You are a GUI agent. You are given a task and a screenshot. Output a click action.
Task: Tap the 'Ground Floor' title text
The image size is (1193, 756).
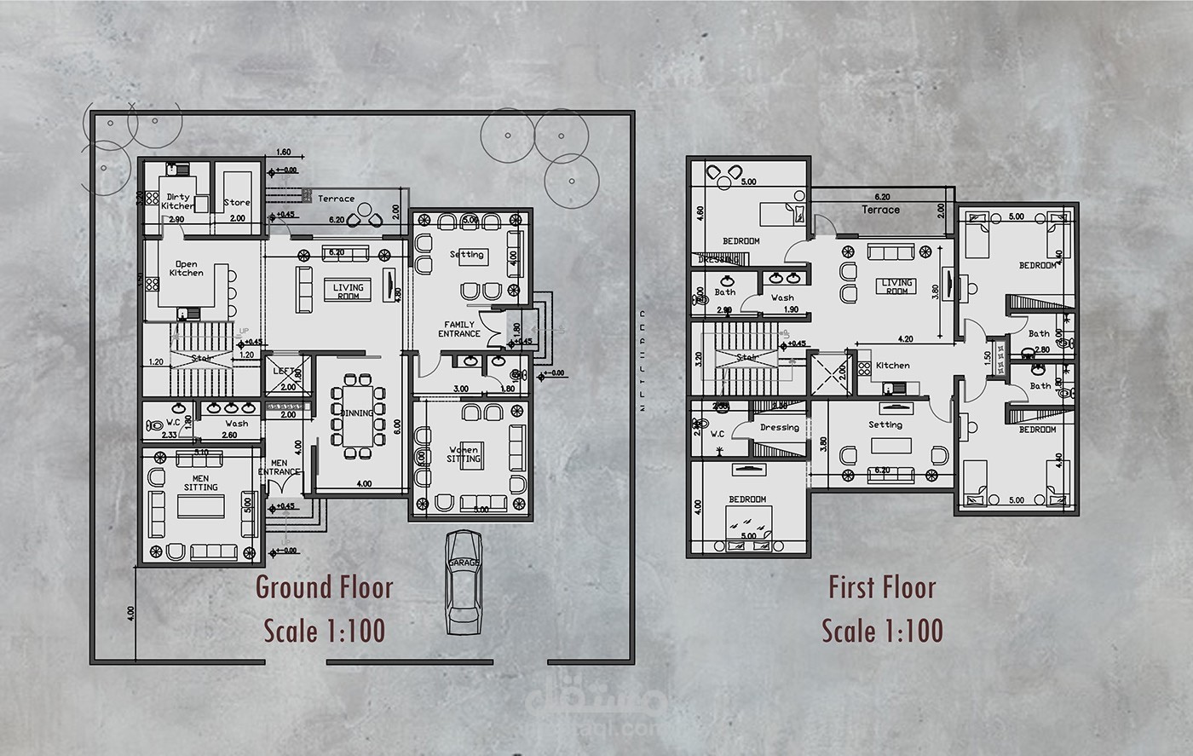pyautogui.click(x=325, y=588)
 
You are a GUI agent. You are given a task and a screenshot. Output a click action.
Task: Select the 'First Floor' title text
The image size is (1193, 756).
pyautogui.click(x=882, y=588)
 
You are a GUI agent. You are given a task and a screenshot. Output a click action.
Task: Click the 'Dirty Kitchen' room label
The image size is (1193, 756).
pyautogui.click(x=178, y=202)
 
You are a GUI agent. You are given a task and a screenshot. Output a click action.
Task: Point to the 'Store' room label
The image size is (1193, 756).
pyautogui.click(x=237, y=203)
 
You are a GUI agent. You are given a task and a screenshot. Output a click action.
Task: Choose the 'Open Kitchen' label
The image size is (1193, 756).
pyautogui.click(x=186, y=268)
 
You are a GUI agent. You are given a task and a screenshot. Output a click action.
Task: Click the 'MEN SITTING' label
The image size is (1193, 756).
pyautogui.click(x=201, y=482)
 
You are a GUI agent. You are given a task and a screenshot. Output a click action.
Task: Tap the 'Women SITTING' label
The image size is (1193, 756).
pyautogui.click(x=464, y=454)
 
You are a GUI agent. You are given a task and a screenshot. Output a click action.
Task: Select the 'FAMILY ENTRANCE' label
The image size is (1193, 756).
pyautogui.click(x=459, y=329)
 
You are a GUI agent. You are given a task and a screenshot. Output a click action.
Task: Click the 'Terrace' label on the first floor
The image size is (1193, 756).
pyautogui.click(x=880, y=210)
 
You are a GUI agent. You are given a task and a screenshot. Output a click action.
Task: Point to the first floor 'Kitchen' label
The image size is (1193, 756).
pyautogui.click(x=892, y=366)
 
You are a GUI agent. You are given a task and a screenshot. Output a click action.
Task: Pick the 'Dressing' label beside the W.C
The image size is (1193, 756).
pyautogui.click(x=779, y=428)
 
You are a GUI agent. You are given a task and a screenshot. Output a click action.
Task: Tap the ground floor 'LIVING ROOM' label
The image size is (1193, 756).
pyautogui.click(x=348, y=291)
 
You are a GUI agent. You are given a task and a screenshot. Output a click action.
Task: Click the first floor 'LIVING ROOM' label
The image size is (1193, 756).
pyautogui.click(x=896, y=286)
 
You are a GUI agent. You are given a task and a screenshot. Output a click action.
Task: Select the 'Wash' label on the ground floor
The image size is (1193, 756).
pyautogui.click(x=237, y=424)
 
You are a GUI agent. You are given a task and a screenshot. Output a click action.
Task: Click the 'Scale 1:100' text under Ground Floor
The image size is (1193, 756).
pyautogui.click(x=325, y=632)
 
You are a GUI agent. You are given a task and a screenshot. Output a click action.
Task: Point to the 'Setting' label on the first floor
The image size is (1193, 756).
pyautogui.click(x=885, y=424)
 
